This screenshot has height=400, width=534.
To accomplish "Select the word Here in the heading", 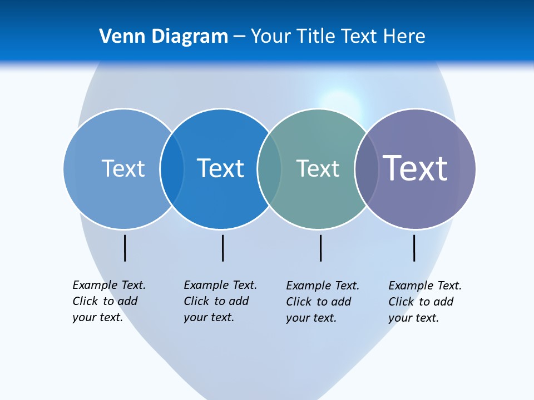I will [404, 37].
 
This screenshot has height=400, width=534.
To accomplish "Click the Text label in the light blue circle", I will [123, 168].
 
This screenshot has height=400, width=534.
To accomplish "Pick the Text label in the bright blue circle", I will [220, 168].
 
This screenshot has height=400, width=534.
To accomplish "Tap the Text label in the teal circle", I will [318, 168].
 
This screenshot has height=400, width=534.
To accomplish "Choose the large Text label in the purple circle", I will [415, 168].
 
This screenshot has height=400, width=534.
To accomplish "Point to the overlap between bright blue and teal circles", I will [269, 168].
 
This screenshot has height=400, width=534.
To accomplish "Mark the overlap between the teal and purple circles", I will [367, 168].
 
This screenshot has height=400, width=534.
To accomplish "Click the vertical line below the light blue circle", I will [125, 248].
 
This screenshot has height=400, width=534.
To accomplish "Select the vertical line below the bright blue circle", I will [222, 248].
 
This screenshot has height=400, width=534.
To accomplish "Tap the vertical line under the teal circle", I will [320, 248].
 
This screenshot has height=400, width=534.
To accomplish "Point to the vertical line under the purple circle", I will [414, 248].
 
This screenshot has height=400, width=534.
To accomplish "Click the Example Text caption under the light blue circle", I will [109, 301].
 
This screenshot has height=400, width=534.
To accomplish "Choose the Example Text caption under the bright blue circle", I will [220, 301].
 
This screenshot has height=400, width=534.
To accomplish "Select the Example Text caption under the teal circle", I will [323, 302].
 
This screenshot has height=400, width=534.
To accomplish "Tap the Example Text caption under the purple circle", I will [425, 302].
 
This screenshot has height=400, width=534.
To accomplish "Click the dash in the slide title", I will [239, 37].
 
